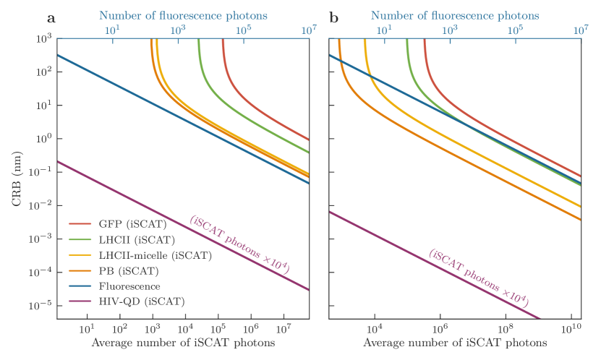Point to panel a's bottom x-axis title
(x=183, y=343)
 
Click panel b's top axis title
(x=455, y=14)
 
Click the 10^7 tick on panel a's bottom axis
(x=284, y=329)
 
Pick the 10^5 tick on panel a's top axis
(x=244, y=30)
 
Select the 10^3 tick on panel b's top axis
(x=450, y=30)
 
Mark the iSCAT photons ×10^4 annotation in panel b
(x=478, y=278)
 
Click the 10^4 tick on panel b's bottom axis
(x=375, y=329)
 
